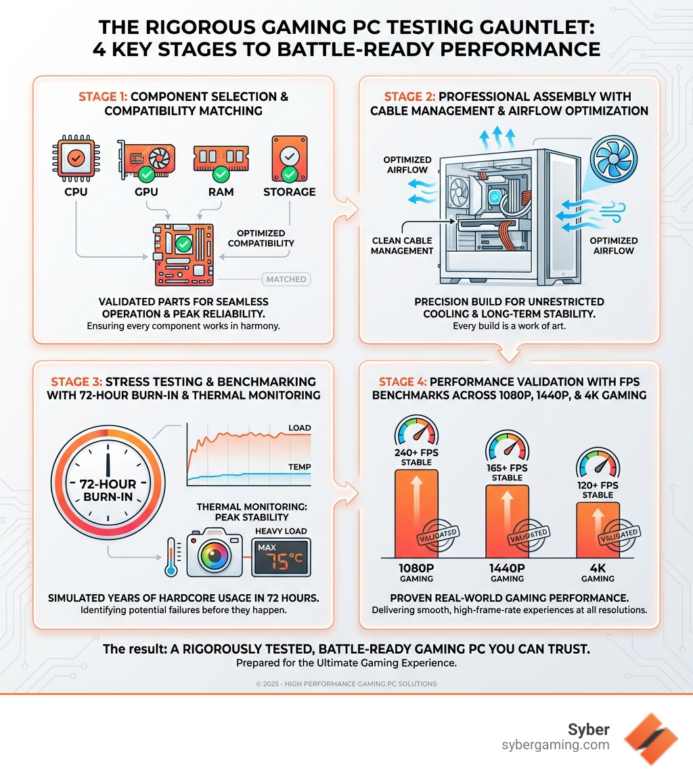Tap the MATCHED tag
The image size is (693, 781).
[286, 279]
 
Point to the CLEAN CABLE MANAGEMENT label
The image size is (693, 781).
[402, 245]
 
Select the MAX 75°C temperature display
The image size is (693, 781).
[281, 557]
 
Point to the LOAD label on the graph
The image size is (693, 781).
[299, 428]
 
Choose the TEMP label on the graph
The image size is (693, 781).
[299, 467]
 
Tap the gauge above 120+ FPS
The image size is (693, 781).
[597, 464]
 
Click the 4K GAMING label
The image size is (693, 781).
[598, 573]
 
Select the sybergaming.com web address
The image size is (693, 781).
[556, 745]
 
